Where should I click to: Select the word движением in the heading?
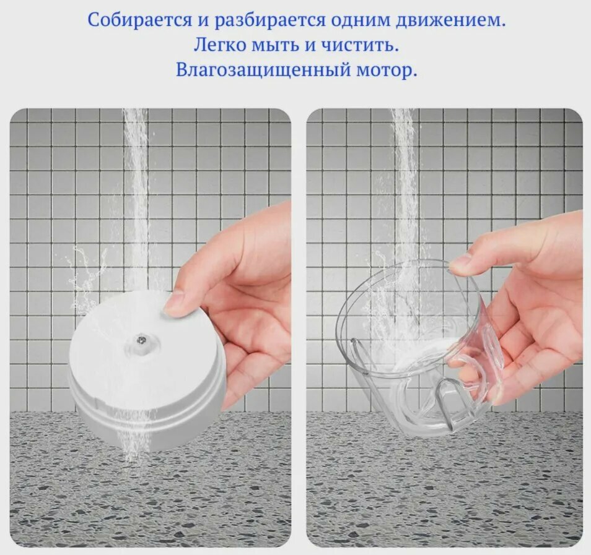[450, 20]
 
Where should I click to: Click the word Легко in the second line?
[219, 45]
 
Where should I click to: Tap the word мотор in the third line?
[387, 71]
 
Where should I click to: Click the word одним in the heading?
[361, 20]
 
